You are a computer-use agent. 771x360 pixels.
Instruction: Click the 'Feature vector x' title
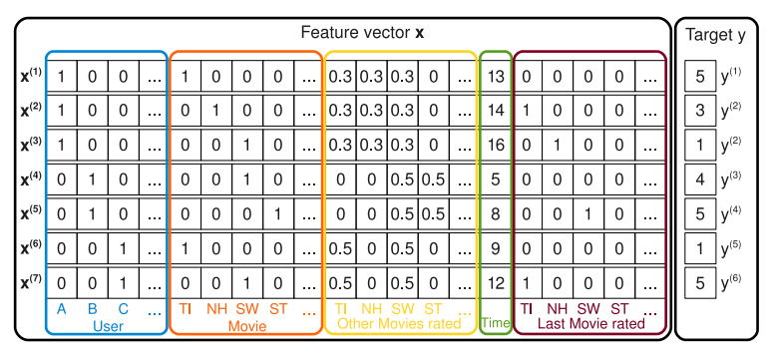[x=363, y=33]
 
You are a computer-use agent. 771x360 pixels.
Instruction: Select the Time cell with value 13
[x=496, y=76]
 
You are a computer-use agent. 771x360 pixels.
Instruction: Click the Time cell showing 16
[x=496, y=144]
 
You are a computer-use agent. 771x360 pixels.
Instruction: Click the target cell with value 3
[x=700, y=110]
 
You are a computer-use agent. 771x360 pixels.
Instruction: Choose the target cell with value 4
[x=700, y=179]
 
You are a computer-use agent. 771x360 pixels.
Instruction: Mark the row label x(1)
[x=30, y=75]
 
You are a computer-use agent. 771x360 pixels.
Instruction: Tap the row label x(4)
[x=30, y=178]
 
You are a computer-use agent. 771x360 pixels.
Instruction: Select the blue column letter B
[x=93, y=309]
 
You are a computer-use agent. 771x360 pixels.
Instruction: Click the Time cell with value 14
[x=496, y=110]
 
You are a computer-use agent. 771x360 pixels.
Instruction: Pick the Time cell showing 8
[x=496, y=212]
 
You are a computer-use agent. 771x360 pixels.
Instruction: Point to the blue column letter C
[x=123, y=309]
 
